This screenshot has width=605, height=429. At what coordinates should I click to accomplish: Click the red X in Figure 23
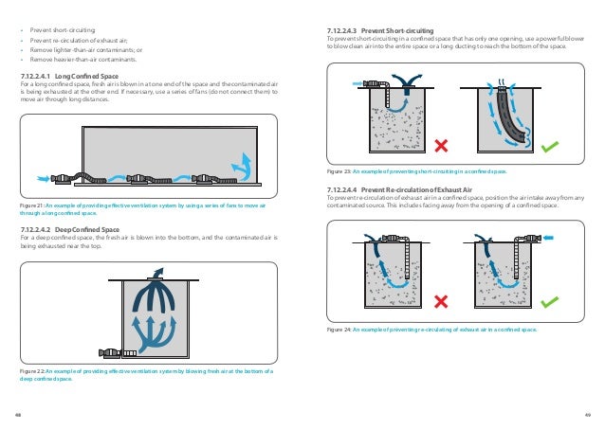pos(441,145)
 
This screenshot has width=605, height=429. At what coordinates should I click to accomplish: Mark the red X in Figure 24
pos(441,300)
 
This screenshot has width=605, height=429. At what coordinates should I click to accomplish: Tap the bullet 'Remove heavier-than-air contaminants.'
pos(76,60)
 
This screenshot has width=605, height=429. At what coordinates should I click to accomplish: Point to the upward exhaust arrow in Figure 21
pos(245,169)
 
